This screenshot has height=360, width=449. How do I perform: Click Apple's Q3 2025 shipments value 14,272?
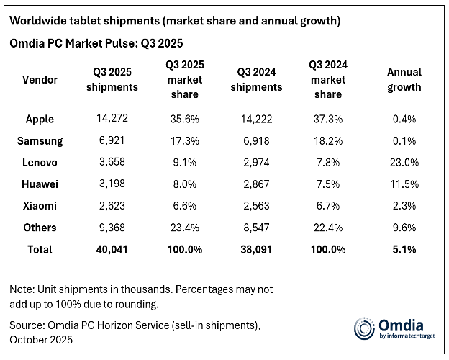tap(112, 119)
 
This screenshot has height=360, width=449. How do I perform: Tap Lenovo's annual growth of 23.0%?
tap(404, 163)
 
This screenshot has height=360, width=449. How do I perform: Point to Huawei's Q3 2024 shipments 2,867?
tap(258, 184)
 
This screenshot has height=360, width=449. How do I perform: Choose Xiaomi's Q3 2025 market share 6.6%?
tap(186, 206)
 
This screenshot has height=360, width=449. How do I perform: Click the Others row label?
tap(40, 228)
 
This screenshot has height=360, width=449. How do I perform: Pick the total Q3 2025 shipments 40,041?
tap(112, 249)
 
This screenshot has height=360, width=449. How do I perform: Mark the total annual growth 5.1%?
tap(404, 249)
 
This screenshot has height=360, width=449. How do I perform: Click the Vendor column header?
tap(40, 79)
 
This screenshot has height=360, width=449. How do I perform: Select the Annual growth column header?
tap(404, 79)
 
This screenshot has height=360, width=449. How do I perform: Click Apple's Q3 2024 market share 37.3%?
tap(328, 119)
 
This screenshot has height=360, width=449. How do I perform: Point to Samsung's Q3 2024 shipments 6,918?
tap(258, 141)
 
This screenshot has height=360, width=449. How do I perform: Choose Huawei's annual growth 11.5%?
tap(404, 184)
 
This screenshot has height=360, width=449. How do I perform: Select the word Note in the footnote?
tap(22, 289)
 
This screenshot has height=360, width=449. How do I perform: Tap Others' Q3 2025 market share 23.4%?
tap(186, 228)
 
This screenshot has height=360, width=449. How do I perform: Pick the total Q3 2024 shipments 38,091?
tap(258, 249)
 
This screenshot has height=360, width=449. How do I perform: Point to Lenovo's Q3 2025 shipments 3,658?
tap(112, 163)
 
